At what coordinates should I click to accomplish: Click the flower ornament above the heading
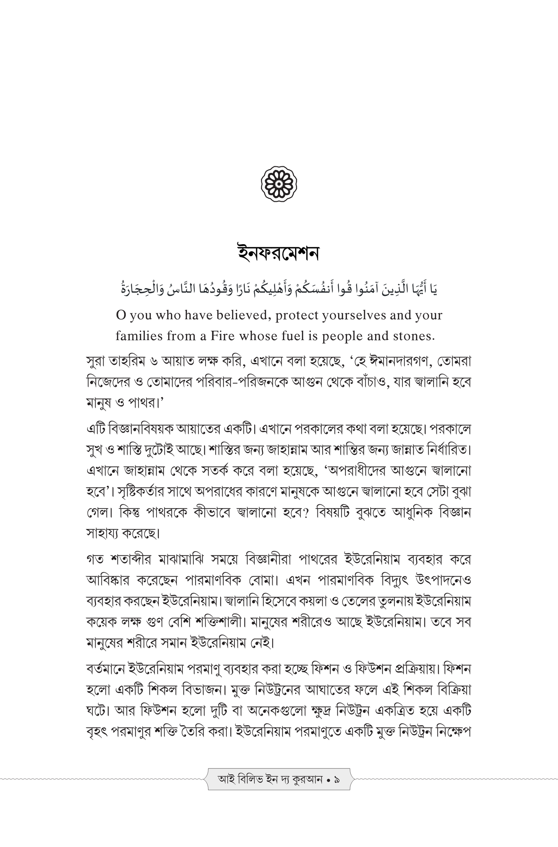[x=279, y=184]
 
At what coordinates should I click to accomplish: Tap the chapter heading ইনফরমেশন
[x=279, y=253]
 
